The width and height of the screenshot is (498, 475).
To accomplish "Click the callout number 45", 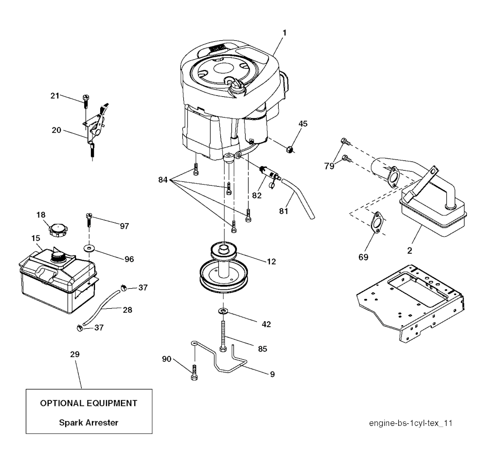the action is click(x=303, y=123).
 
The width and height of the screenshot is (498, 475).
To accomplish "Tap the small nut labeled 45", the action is click(x=289, y=149).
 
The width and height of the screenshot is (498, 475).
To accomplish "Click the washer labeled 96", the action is click(x=89, y=247).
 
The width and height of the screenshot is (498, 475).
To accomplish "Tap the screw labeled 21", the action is click(x=86, y=101).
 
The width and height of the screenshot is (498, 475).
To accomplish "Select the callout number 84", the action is click(x=163, y=180).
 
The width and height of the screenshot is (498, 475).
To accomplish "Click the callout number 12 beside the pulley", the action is click(x=271, y=262).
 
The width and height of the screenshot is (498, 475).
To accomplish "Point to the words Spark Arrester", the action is click(x=89, y=422).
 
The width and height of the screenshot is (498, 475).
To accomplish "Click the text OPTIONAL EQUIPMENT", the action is click(x=89, y=403).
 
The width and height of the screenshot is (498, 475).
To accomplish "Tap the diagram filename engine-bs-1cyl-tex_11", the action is click(x=410, y=423).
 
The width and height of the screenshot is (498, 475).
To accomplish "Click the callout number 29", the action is click(x=74, y=354).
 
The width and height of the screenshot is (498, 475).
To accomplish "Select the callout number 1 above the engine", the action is click(x=285, y=33).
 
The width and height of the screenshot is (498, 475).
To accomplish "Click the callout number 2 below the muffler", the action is click(x=409, y=251).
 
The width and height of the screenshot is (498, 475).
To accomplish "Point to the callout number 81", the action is click(x=284, y=211).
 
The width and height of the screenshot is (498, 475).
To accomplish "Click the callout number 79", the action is click(x=329, y=166).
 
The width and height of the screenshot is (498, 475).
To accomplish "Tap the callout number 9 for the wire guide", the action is click(x=272, y=374).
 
